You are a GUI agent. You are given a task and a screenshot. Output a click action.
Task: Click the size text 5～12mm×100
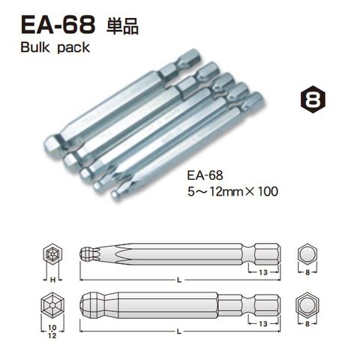pyautogui.click(x=232, y=191)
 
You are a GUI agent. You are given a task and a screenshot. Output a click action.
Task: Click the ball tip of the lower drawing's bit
pyautogui.click(x=91, y=307)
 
